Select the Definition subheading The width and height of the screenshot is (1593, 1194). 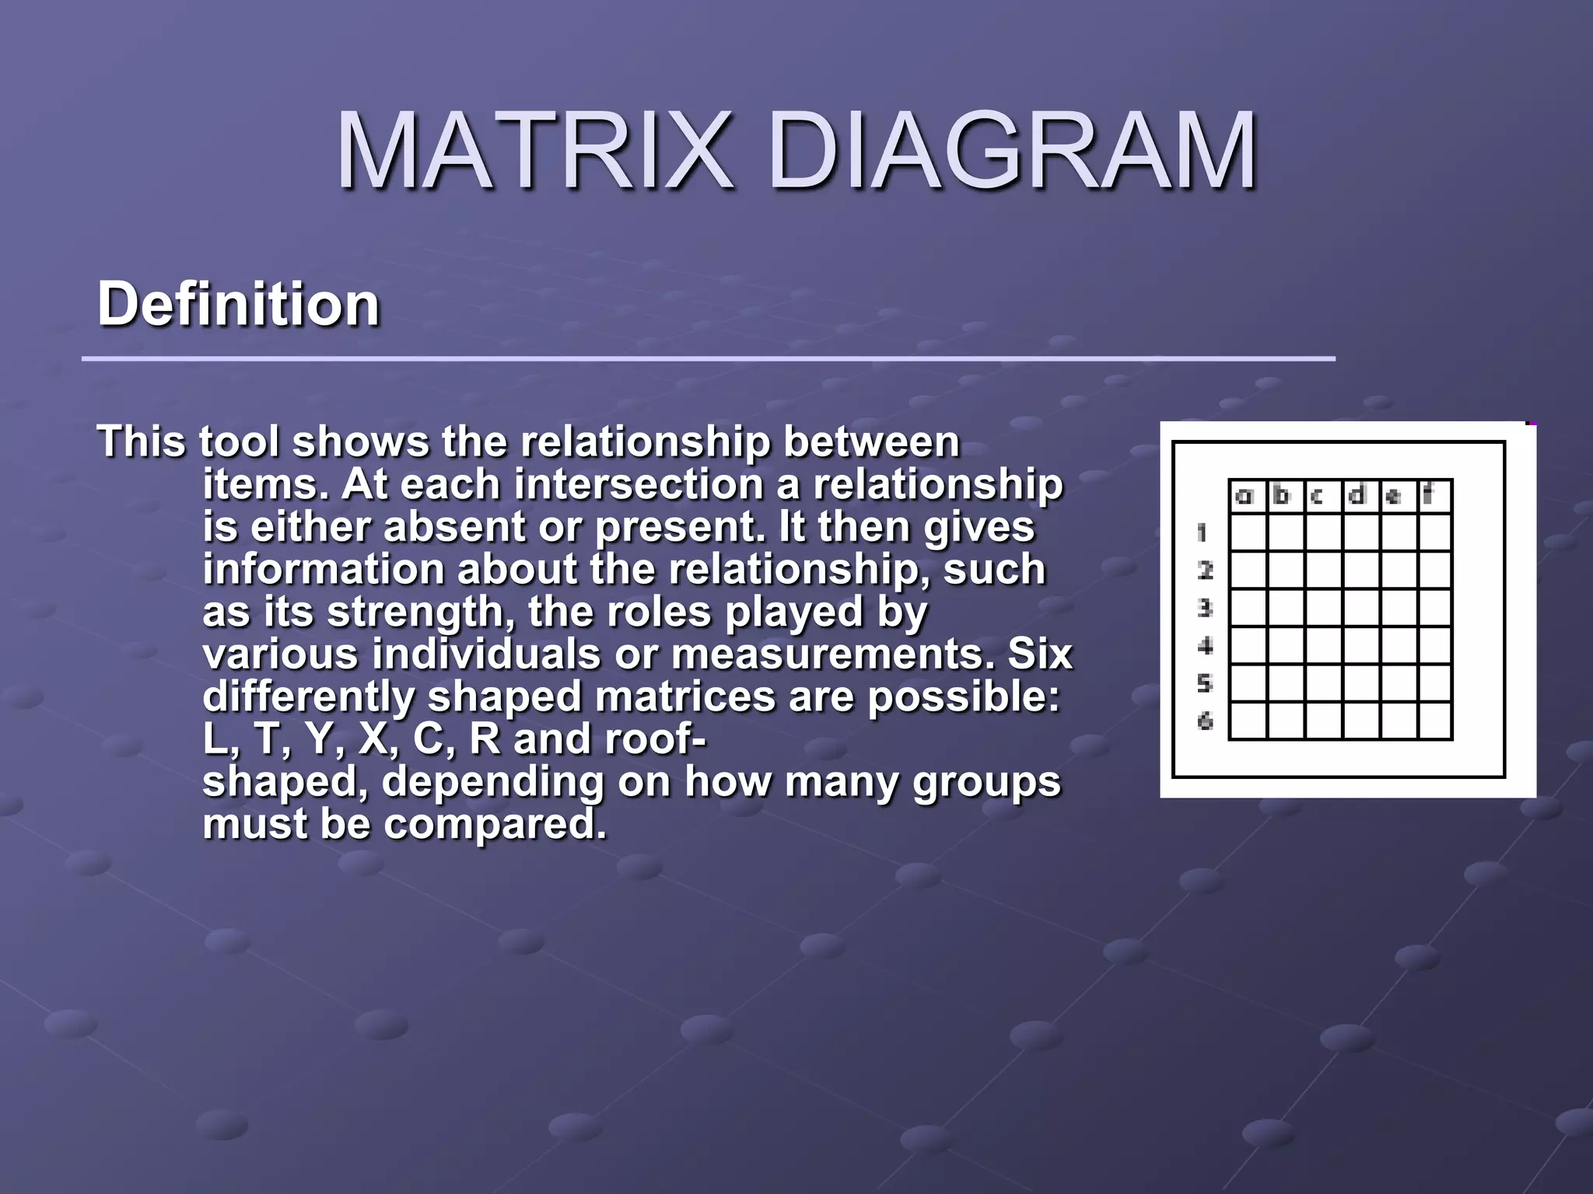click(238, 304)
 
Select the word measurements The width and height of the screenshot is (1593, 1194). click(832, 654)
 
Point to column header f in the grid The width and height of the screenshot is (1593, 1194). click(1430, 496)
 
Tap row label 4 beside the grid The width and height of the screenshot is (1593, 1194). click(1204, 646)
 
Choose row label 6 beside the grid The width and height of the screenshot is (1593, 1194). click(1204, 721)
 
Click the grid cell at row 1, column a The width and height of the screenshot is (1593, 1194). click(1248, 533)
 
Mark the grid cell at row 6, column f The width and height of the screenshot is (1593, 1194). click(1435, 721)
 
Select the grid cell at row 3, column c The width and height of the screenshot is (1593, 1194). click(1323, 608)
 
